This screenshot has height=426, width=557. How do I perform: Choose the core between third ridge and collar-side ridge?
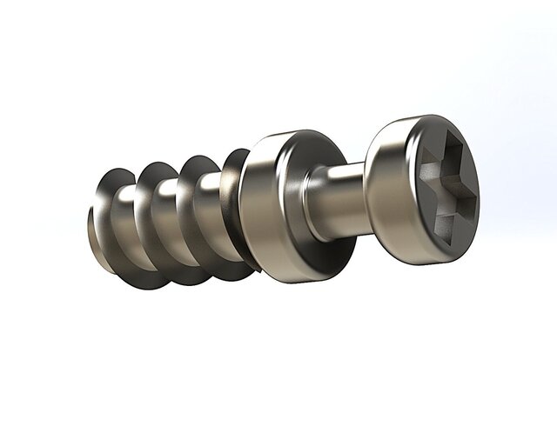point(214,209)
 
